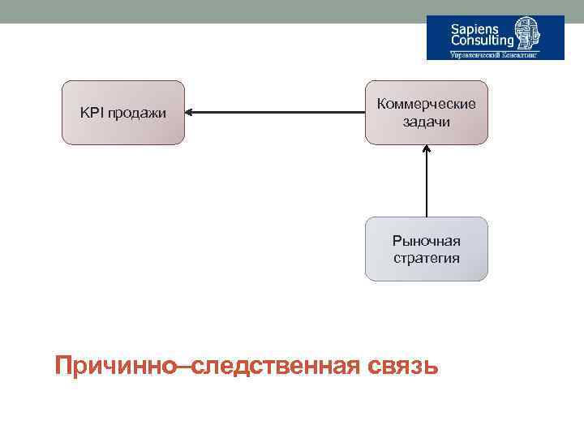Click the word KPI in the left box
90,113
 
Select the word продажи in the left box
134,114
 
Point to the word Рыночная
427,241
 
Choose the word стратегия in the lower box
427,258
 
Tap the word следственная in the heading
273,365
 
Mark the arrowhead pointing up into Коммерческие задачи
427,150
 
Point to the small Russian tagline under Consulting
494,55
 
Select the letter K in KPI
84,113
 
